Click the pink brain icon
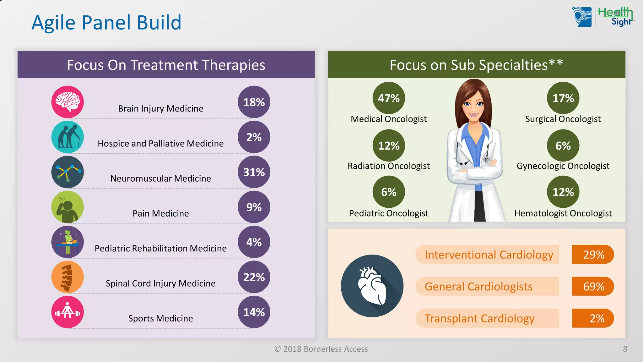pos(68,102)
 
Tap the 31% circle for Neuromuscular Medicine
pos(254,172)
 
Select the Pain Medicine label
pos(160,213)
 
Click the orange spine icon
pos(68,277)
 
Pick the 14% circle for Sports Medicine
pos(254,312)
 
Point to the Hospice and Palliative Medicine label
pos(160,143)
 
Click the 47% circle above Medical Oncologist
pos(388,98)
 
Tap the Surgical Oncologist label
pos(563,119)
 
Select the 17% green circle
pos(563,98)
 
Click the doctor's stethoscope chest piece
pos(486,160)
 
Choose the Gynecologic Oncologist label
pos(563,166)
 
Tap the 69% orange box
pos(593,286)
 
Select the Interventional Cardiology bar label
pos(489,255)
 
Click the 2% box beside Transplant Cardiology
pos(593,318)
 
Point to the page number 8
pos(625,349)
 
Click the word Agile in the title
pos(53,23)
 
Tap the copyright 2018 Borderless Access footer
pos(321,349)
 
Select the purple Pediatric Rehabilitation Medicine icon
pos(68,242)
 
